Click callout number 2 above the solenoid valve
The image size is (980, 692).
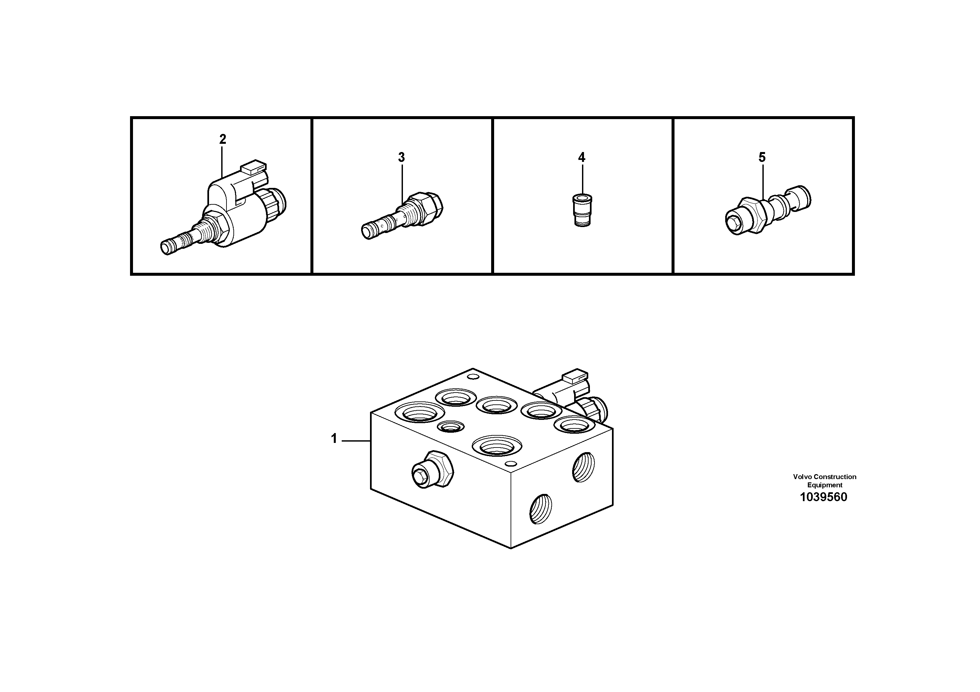(223, 139)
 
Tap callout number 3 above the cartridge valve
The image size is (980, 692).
(401, 157)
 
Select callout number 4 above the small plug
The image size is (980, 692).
(581, 157)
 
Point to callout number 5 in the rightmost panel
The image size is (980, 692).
(762, 157)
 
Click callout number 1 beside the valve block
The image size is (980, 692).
(334, 439)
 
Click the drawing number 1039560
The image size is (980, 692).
(823, 498)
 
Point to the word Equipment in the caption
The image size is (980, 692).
(825, 485)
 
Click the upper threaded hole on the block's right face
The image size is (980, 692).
(583, 467)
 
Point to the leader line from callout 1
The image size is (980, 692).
(355, 440)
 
